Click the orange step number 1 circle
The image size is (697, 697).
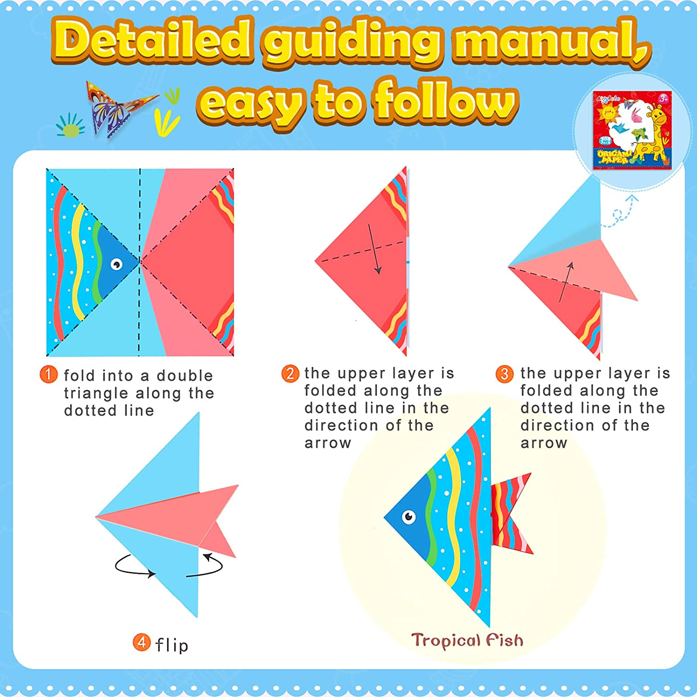48,375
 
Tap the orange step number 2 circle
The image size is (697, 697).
290,374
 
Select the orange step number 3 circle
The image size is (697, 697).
505,374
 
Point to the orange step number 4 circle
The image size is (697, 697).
141,643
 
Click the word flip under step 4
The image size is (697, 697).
172,645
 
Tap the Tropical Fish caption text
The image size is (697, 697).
467,640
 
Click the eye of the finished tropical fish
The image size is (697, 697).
408,517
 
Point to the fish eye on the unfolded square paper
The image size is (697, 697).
116,264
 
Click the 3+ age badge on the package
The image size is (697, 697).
664,99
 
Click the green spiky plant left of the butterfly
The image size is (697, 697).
71,125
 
